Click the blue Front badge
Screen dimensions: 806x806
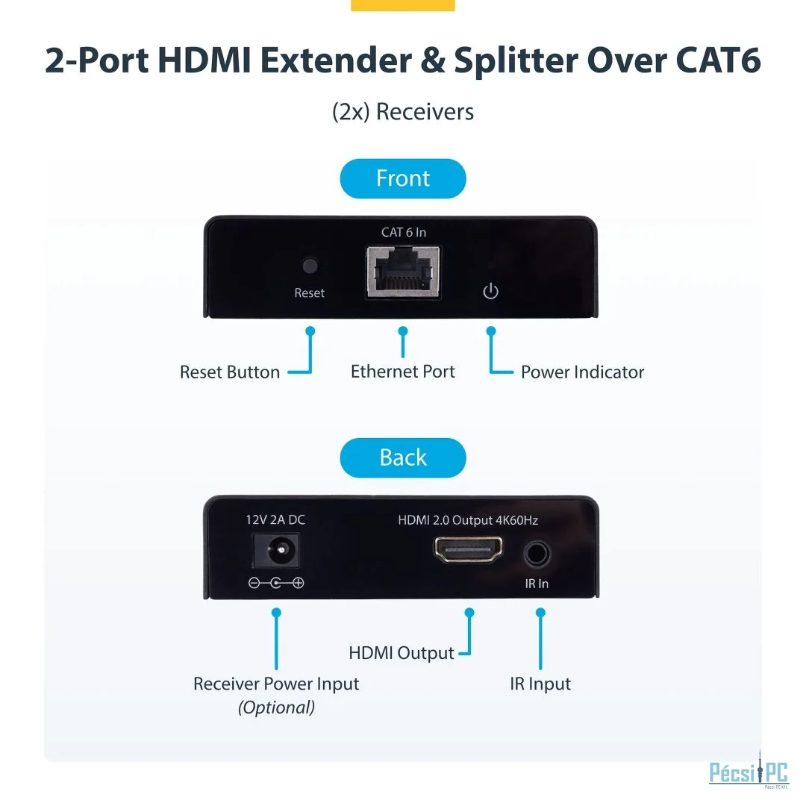coord(402,178)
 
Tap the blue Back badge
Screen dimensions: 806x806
coord(402,457)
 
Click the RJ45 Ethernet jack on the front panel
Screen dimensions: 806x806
coord(403,272)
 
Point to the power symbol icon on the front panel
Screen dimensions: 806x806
coord(490,291)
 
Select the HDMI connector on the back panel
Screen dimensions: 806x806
coord(468,549)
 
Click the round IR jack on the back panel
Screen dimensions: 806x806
coord(537,554)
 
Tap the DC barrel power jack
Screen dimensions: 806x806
coord(275,551)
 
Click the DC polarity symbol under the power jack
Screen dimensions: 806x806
coord(276,583)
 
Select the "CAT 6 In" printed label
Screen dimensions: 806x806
coord(404,232)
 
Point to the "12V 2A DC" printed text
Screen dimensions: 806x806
coord(275,519)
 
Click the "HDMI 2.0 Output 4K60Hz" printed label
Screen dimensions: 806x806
coord(468,520)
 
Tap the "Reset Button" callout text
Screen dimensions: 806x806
coord(230,372)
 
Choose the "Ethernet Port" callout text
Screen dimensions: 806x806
coord(403,371)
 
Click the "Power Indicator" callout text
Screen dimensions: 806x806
coord(582,372)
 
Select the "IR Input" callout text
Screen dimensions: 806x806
coord(540,684)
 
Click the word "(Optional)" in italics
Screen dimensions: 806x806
coord(277,707)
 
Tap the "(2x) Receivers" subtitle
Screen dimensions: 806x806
coord(403,111)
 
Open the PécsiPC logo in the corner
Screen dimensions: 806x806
coord(749,770)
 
